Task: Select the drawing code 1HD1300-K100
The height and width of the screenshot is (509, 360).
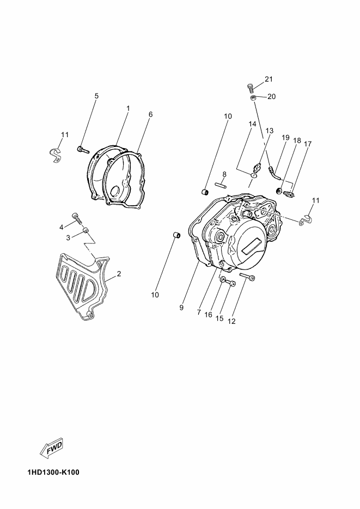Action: pyautogui.click(x=53, y=472)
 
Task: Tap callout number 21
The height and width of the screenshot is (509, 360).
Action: pyautogui.click(x=269, y=79)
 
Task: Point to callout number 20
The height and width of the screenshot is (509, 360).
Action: pyautogui.click(x=271, y=96)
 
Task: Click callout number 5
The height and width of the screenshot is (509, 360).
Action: pyautogui.click(x=96, y=96)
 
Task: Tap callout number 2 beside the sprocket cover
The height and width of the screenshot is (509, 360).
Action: pyautogui.click(x=119, y=274)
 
